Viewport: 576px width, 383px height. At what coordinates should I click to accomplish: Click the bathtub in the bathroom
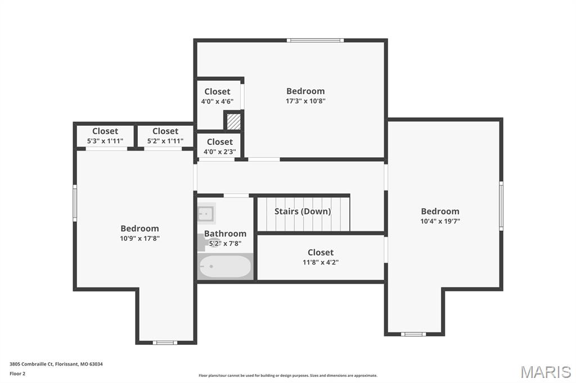point(225,266)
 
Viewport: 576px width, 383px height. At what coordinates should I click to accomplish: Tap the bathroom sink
point(206,213)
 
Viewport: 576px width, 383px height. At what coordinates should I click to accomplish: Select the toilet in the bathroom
point(204,243)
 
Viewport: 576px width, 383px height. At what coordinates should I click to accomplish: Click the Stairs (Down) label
point(303,212)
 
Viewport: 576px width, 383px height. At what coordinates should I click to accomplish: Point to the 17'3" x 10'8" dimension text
point(305,101)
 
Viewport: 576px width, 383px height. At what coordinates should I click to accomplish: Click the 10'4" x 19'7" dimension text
point(440,221)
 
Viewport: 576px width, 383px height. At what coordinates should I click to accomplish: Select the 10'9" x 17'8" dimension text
point(139,238)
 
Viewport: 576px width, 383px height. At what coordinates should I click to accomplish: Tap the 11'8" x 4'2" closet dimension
point(321,262)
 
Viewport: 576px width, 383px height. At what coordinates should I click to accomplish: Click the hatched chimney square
point(233,121)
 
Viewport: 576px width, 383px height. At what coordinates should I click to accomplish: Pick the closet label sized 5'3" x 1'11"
point(105,131)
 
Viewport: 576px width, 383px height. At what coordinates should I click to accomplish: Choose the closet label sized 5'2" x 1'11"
point(165,131)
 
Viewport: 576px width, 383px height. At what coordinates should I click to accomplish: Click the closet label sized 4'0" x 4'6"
point(217,92)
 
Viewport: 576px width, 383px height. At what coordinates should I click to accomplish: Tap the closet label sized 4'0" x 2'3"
point(219,142)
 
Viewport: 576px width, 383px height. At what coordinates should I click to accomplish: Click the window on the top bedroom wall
point(314,40)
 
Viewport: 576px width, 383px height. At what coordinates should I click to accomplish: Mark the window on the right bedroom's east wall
point(501,206)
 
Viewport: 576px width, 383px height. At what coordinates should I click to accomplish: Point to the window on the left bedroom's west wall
point(75,203)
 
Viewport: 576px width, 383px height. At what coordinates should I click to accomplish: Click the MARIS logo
point(545,371)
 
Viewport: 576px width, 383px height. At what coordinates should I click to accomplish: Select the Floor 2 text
point(17,373)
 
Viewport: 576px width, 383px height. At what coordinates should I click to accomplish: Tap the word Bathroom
point(225,234)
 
